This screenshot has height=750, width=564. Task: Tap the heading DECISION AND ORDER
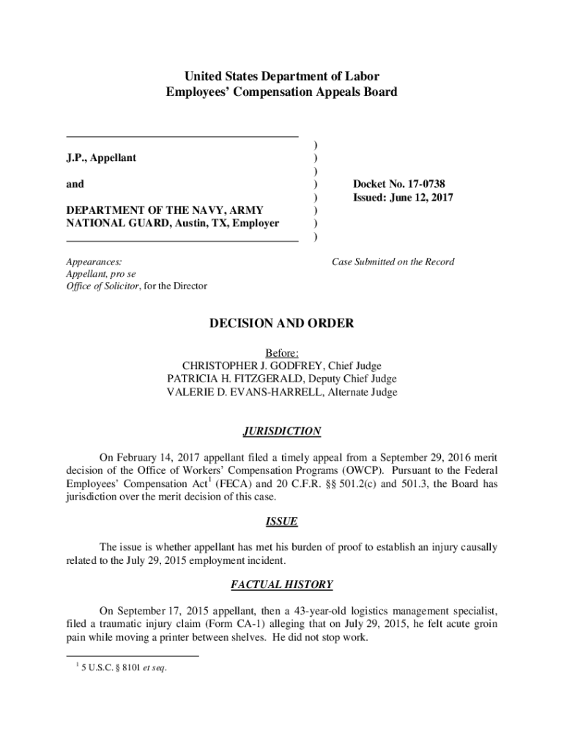click(x=282, y=323)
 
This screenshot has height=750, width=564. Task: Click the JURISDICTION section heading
click(x=282, y=431)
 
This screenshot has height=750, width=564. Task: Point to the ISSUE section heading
click(x=282, y=521)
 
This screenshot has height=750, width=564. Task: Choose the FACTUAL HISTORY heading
click(x=282, y=584)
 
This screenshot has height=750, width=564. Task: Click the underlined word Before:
click(x=282, y=352)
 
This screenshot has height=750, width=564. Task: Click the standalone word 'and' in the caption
click(x=75, y=185)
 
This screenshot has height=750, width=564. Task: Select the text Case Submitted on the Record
click(x=393, y=261)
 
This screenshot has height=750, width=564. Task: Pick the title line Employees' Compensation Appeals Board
click(x=282, y=92)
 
